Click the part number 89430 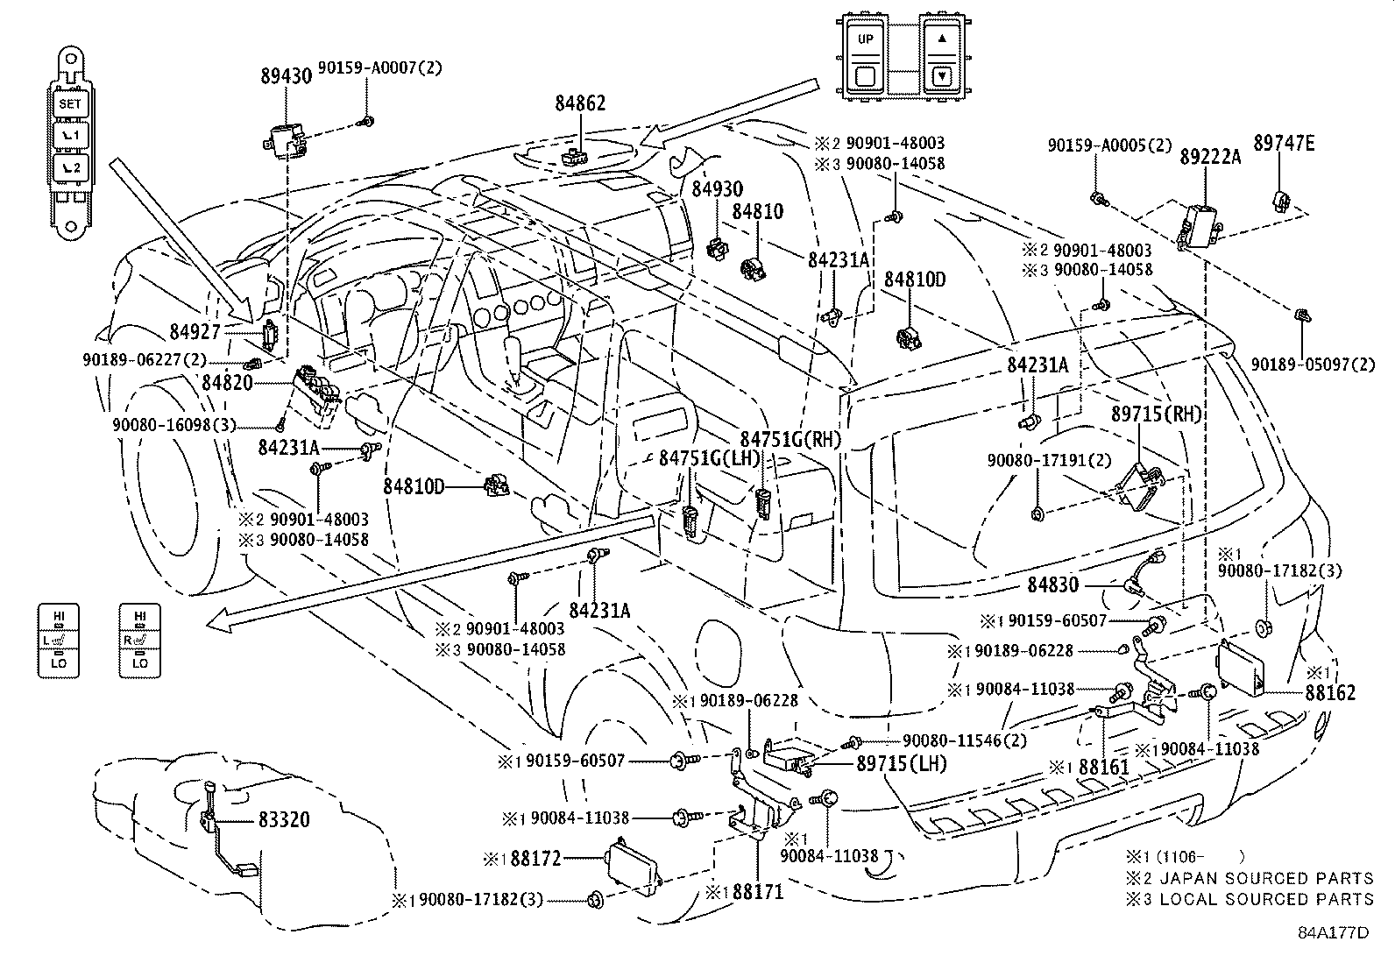[286, 75]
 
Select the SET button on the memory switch [70, 103]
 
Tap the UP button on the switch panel [866, 39]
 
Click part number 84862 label [580, 103]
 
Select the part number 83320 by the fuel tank [284, 819]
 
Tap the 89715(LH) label [902, 763]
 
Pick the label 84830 [1052, 584]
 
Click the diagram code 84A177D [1333, 933]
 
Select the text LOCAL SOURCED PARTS [1266, 899]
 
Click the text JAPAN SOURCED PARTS [1266, 878]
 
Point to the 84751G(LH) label [708, 459]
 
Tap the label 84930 [717, 189]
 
